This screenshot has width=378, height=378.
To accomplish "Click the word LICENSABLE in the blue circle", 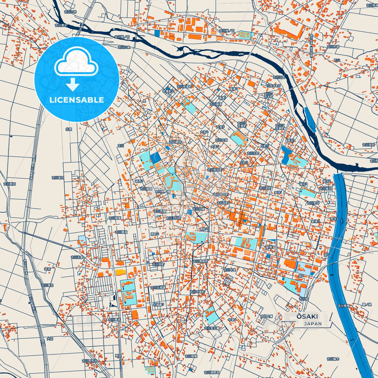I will [x=77, y=100].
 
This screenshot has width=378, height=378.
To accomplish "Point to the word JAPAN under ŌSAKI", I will [x=313, y=324].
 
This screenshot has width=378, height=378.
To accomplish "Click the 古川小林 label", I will [x=70, y=12].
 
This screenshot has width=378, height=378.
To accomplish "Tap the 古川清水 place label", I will [x=61, y=25].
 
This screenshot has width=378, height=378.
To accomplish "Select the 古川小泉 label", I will [x=124, y=47].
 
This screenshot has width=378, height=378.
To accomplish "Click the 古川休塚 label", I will [x=333, y=47].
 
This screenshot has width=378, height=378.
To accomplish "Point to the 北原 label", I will [x=69, y=129].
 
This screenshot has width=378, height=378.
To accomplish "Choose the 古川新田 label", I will [x=10, y=184].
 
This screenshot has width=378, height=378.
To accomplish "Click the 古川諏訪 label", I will [x=175, y=142].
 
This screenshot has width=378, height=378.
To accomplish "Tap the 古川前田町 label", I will [x=215, y=170].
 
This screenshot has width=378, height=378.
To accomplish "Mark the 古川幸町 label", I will [x=265, y=188].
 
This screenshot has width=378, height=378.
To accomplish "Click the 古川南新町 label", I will [x=200, y=261].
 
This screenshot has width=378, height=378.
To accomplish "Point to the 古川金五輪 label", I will [x=212, y=328].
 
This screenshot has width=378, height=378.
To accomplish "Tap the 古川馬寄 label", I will [x=343, y=306].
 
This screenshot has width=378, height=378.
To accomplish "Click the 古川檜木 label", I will [x=333, y=359].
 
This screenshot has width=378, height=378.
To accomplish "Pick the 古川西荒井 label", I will [x=89, y=361].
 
